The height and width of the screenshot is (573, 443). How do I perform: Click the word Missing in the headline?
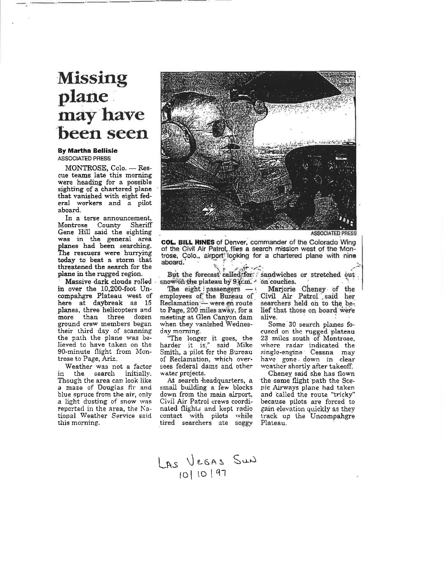point(92,78)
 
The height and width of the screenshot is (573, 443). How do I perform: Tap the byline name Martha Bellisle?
point(92,151)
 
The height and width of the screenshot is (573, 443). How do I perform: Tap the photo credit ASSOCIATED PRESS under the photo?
point(333,233)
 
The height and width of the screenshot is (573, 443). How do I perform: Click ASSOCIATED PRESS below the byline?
point(84,159)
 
